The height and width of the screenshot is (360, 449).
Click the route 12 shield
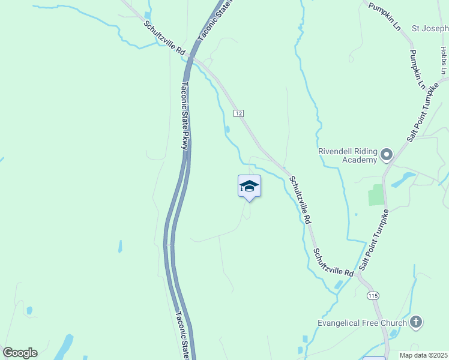(238, 113)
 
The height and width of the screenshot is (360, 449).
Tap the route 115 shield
(373, 295)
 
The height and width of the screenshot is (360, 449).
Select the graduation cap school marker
(249, 186)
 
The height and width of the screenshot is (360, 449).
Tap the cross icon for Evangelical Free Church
(415, 322)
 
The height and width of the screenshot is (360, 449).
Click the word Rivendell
(338, 151)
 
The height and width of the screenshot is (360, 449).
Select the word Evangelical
(342, 323)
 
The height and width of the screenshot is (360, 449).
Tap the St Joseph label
(429, 28)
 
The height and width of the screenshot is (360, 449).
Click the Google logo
(20, 353)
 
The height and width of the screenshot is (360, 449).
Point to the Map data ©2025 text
(423, 355)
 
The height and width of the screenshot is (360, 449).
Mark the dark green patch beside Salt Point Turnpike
(376, 195)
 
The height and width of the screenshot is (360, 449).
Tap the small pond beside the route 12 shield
(228, 129)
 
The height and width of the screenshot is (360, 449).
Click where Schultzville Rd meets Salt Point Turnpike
(358, 275)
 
